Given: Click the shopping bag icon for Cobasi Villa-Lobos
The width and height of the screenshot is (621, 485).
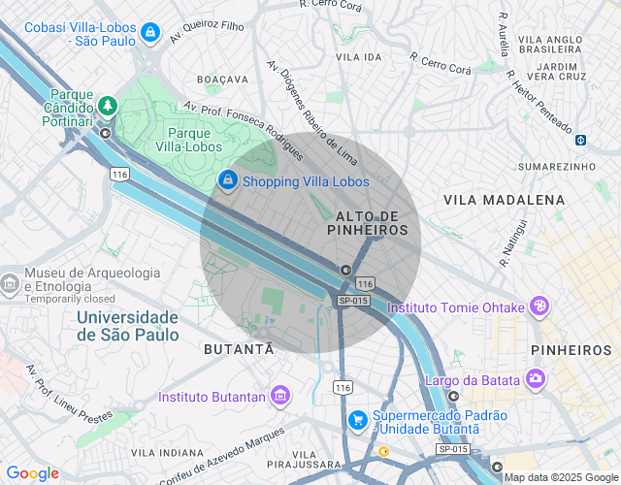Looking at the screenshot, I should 149,34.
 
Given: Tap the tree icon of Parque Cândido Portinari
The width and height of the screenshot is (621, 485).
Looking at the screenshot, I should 108,105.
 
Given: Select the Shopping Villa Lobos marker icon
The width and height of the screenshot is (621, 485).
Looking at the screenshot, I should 227,180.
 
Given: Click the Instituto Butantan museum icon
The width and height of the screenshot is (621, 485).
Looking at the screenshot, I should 280,396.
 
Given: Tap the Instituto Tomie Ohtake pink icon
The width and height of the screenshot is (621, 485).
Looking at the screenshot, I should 539,307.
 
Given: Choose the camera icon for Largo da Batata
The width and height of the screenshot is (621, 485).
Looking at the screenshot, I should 535,377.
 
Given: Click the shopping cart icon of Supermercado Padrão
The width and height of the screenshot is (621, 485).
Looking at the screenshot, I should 358,420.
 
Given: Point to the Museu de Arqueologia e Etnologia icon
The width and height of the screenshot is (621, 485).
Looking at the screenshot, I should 10,283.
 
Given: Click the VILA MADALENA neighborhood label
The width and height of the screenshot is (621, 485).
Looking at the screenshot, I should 504,199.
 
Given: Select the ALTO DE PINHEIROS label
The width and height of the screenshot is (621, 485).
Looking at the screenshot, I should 367,222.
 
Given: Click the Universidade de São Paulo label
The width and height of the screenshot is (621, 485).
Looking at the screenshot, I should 127,326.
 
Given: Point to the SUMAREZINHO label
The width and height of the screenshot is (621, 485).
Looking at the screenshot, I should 556,167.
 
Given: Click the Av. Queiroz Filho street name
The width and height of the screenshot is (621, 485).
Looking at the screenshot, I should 207,27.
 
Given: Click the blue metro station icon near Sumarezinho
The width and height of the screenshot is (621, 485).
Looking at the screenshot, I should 580,140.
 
